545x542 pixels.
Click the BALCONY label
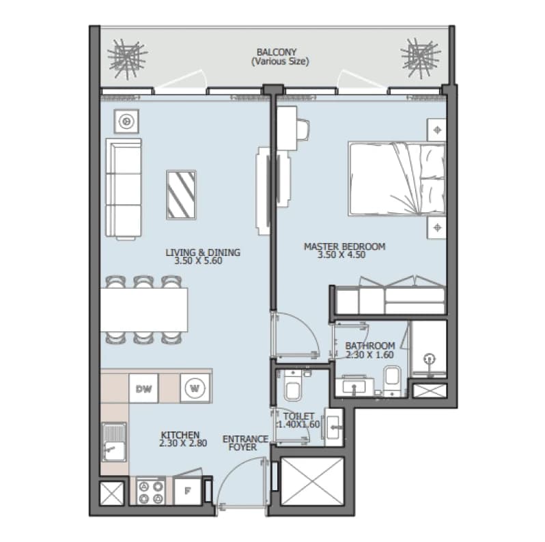[277, 52]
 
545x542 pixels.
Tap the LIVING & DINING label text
[203, 253]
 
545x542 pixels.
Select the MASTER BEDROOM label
[344, 246]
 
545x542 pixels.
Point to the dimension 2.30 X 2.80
[183, 443]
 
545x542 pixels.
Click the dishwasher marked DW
[143, 388]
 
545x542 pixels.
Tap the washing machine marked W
[195, 388]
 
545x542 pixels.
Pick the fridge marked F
[187, 491]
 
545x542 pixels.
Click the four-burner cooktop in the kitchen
[151, 491]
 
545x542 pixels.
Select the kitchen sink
[114, 442]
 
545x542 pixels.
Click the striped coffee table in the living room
[181, 195]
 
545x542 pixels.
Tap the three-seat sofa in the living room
[124, 188]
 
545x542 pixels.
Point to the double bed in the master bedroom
[397, 178]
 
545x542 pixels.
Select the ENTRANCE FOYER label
[245, 443]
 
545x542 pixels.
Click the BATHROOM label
[370, 345]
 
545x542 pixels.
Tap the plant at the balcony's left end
[127, 59]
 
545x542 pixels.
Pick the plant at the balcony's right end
[421, 57]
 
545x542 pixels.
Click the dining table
[144, 309]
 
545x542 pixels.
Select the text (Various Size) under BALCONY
[280, 61]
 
